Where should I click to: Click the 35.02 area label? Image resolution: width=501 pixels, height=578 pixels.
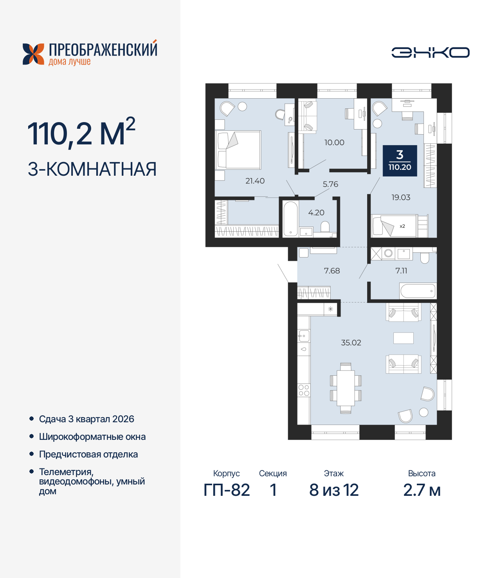(351, 343)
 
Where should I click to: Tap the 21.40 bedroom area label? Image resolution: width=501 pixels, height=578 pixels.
(255, 181)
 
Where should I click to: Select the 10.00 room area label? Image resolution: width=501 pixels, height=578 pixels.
(334, 143)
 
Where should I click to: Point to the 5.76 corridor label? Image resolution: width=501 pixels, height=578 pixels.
(330, 184)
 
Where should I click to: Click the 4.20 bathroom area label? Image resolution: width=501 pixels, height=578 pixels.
(316, 213)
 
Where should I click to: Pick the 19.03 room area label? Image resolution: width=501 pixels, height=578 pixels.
(401, 198)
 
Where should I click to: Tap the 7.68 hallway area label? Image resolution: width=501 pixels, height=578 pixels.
(332, 271)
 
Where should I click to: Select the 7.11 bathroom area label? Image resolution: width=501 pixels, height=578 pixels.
(401, 271)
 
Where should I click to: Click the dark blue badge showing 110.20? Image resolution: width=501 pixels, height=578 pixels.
(400, 161)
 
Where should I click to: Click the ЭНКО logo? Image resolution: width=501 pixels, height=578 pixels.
(431, 52)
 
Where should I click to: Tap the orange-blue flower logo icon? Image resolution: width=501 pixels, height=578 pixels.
(33, 54)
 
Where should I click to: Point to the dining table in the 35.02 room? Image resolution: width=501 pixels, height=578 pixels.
(346, 388)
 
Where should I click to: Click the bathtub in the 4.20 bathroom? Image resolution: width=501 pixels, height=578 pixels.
(290, 219)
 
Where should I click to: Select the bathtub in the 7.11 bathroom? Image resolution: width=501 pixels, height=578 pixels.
(418, 291)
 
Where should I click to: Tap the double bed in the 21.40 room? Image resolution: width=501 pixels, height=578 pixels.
(238, 150)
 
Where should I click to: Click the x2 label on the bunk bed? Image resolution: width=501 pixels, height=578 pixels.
(402, 226)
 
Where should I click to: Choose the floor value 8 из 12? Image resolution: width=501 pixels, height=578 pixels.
(334, 490)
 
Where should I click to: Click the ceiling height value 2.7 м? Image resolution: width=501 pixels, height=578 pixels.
(422, 490)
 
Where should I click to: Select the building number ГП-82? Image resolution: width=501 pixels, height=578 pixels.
(227, 490)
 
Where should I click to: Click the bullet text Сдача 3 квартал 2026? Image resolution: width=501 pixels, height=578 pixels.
(87, 419)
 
